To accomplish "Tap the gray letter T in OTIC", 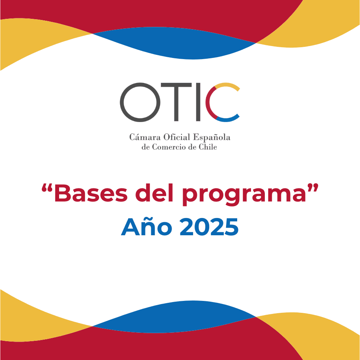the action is click(176, 102).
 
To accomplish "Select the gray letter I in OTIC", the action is click(198, 102).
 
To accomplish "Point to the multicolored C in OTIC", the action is click(207, 102).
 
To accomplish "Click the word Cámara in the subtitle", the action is click(145, 137).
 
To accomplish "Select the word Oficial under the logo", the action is click(177, 137).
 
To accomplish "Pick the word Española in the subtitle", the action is click(211, 137).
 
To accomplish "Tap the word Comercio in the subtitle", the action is click(169, 147).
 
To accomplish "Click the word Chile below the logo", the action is click(208, 147).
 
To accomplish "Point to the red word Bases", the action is click(91, 193).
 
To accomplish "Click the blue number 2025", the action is click(209, 227).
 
